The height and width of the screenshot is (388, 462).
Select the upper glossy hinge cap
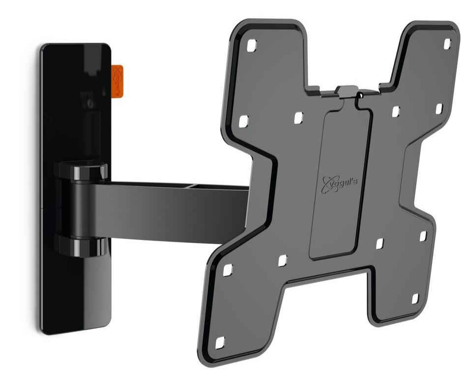click(84, 170)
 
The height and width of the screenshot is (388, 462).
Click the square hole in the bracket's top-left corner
click(251, 46)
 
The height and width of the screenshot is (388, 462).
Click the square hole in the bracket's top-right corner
click(447, 44)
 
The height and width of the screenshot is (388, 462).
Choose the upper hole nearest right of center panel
click(396, 112)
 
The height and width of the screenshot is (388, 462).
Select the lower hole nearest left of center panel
click(283, 261)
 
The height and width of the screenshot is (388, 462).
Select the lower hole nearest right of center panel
click(380, 243)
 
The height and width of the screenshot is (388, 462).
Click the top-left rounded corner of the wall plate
click(45, 49)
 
